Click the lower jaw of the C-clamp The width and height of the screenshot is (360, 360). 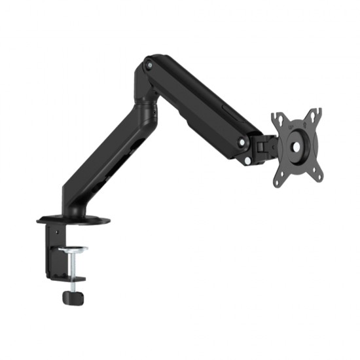[73, 279]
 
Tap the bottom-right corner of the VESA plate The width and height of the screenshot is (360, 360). [319, 175]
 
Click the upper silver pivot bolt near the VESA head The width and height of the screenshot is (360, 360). [242, 142]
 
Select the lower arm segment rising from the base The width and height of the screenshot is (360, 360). [105, 157]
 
